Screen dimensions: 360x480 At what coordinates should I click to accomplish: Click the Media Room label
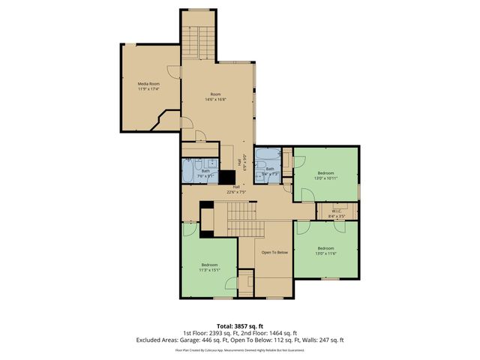148,83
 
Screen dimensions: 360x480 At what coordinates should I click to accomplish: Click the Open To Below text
274,252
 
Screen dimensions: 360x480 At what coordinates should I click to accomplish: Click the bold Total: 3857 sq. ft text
239,325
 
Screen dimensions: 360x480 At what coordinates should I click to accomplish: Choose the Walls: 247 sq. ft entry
319,340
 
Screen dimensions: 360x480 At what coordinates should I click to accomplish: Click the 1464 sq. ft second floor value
283,332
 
